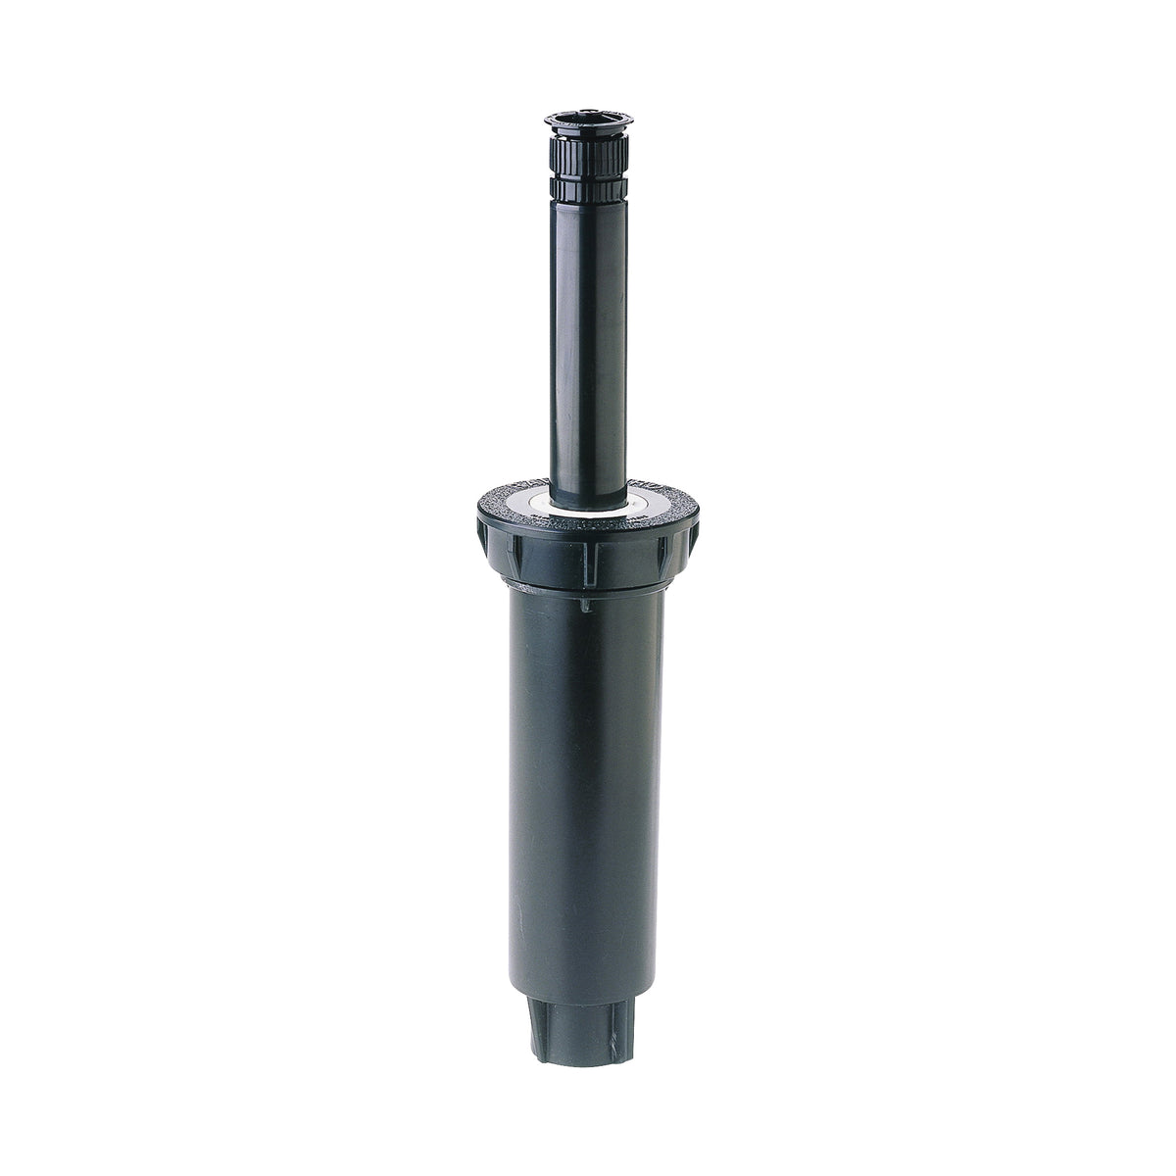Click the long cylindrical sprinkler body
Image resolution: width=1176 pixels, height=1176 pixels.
587,784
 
